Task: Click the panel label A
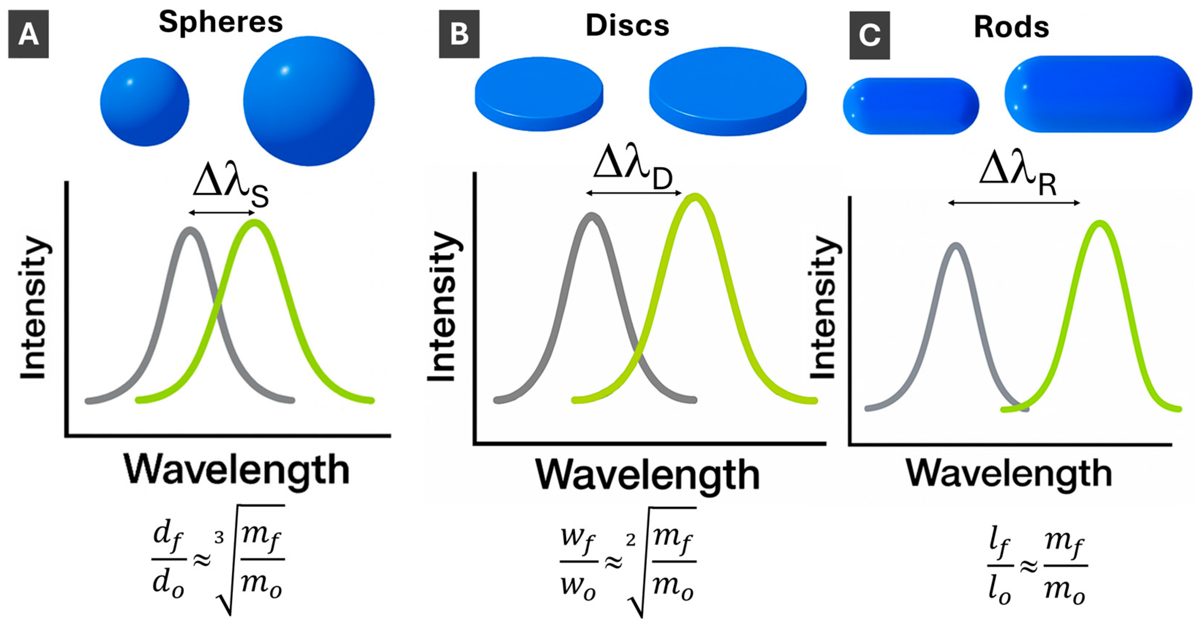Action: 29,34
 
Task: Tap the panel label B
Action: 459,34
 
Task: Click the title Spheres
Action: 221,22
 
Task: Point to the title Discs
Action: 627,25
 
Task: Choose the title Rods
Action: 1011,27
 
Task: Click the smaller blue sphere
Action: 145,102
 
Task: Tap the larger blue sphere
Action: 309,100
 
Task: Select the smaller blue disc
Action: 539,93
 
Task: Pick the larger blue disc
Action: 728,91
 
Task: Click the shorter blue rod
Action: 911,106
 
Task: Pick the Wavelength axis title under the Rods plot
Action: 1009,473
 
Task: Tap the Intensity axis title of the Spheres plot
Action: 34,308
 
